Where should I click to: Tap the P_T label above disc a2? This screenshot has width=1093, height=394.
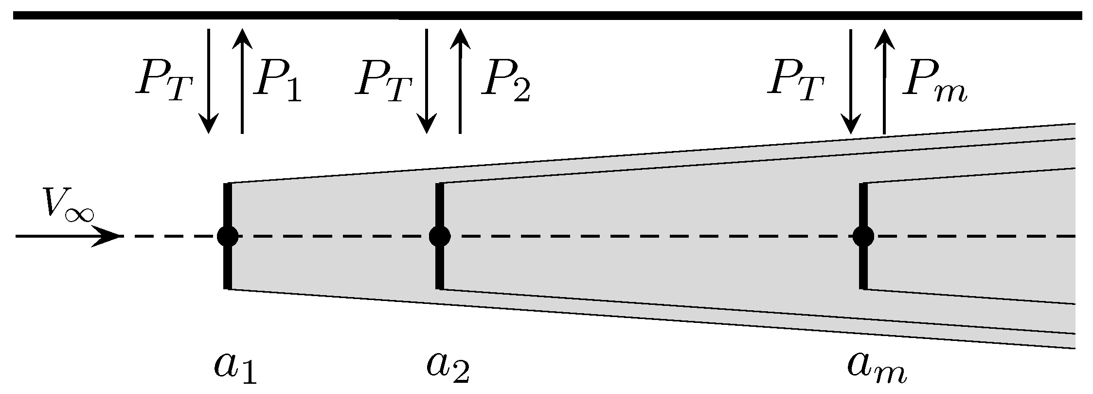click(383, 84)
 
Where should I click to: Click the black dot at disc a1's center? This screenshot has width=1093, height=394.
click(228, 236)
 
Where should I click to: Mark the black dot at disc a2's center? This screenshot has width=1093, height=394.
click(440, 236)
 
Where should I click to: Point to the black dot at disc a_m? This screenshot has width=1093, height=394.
click(863, 236)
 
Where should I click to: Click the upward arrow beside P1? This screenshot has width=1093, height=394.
click(242, 80)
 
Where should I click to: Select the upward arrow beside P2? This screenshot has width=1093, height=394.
click(460, 80)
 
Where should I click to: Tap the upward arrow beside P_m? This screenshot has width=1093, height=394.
click(884, 80)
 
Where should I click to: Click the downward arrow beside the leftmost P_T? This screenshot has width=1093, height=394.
click(209, 80)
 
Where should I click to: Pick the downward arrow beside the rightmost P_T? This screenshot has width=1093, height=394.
click(851, 80)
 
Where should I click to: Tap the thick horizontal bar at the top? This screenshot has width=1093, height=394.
click(546, 16)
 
